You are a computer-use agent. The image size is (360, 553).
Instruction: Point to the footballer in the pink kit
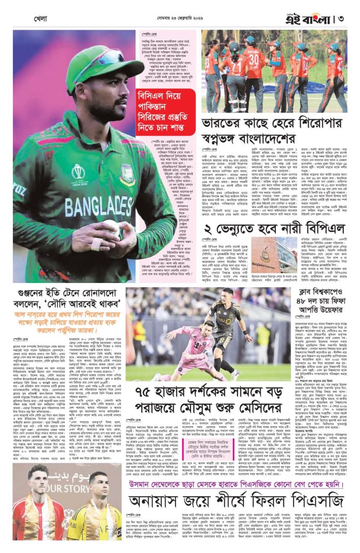tap(193, 347)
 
